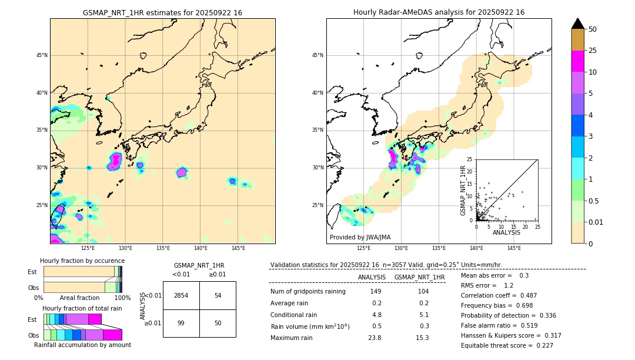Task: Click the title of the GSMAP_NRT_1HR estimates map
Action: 162,12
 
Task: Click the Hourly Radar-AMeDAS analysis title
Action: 439,12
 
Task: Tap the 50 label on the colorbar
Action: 593,29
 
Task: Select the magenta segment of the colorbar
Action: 578,61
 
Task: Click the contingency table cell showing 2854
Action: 181,295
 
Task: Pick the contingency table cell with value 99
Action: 181,323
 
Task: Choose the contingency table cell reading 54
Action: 218,295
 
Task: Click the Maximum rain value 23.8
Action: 375,338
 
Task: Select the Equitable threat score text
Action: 499,345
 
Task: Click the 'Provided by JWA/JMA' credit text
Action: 360,237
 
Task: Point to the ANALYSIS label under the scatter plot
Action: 506,232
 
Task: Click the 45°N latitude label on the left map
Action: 42,55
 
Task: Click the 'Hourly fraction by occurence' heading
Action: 82,261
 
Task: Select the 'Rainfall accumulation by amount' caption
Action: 82,345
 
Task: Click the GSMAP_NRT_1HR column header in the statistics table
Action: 419,277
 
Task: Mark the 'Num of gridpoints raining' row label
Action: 308,292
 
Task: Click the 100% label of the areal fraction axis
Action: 122,298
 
